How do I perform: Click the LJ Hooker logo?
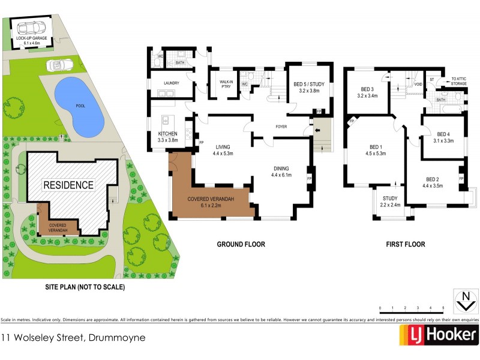[x=442, y=335]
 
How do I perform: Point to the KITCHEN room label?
[x=168, y=136]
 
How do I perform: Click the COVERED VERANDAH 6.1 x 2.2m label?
[x=210, y=202]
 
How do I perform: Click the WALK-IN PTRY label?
[x=226, y=85]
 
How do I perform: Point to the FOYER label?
[x=281, y=127]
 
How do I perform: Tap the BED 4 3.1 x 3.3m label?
[x=443, y=137]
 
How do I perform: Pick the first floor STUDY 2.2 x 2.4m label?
[x=390, y=201]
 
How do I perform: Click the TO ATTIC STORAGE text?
[x=459, y=82]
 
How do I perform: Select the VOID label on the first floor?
[x=417, y=85]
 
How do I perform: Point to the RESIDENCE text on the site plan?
[x=68, y=185]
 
